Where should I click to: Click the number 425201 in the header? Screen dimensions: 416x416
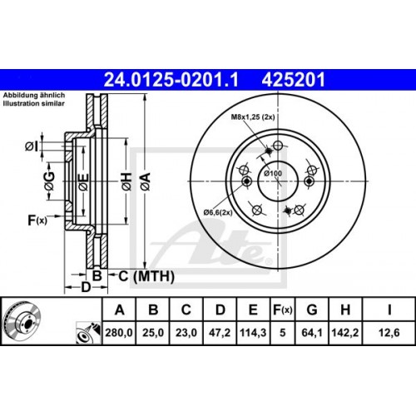pyautogui.click(x=288, y=79)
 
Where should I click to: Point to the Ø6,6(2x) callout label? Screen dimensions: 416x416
pyautogui.click(x=220, y=214)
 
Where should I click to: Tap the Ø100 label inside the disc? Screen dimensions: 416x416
pyautogui.click(x=272, y=172)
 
